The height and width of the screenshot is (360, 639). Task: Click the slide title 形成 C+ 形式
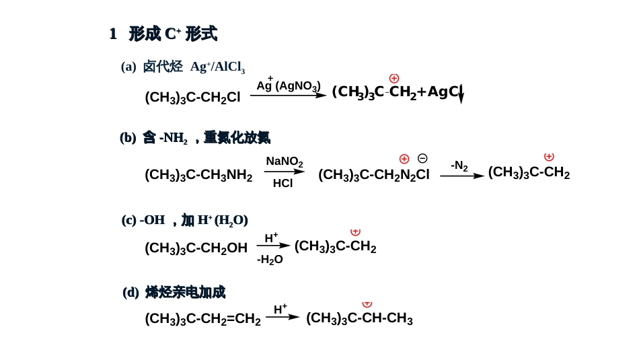[163, 34]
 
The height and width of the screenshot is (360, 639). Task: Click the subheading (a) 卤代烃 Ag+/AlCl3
[183, 67]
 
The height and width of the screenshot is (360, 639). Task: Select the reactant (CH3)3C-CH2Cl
[192, 98]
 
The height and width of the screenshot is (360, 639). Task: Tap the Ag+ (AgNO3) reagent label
[288, 85]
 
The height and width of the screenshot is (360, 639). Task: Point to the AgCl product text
[444, 92]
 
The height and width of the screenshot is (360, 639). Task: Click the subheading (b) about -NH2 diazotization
[195, 138]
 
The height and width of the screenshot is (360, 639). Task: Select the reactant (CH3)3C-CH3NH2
[198, 175]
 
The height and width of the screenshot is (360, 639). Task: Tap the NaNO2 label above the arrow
[284, 161]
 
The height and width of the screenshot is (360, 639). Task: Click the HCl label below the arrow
[283, 183]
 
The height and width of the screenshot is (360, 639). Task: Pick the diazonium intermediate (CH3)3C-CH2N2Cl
[373, 175]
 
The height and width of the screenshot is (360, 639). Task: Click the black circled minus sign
[422, 159]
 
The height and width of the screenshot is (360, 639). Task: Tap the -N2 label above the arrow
[459, 166]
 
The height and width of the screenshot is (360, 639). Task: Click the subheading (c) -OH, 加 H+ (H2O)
[185, 220]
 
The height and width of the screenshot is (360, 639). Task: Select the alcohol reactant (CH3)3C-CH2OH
[196, 248]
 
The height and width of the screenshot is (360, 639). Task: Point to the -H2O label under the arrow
[270, 260]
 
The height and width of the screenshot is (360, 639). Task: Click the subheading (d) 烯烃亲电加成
[174, 292]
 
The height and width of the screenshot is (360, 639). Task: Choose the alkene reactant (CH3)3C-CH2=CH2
[202, 319]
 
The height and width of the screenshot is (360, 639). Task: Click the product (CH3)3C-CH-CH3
[359, 318]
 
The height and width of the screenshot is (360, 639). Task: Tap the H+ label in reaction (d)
[280, 310]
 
